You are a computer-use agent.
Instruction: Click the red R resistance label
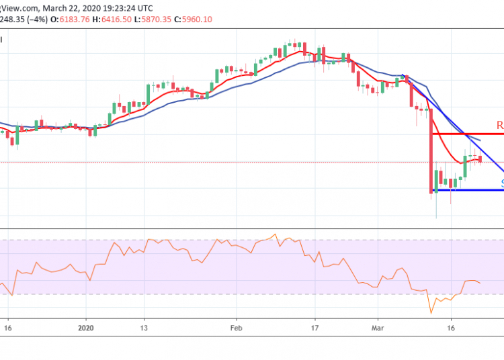(x=499, y=125)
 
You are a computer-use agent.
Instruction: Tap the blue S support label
(x=501, y=182)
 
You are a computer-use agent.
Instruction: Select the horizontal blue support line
(x=470, y=190)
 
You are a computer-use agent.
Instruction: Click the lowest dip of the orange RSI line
(x=431, y=313)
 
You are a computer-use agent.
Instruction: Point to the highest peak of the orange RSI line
(x=274, y=234)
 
